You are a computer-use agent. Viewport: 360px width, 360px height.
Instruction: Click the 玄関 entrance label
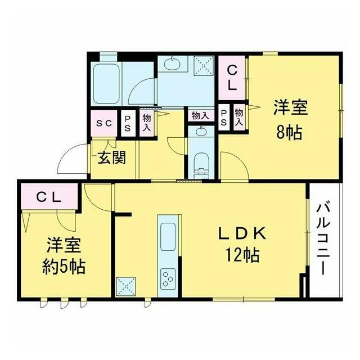(x=111, y=157)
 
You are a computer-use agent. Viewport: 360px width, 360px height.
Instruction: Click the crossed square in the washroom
(x=203, y=66)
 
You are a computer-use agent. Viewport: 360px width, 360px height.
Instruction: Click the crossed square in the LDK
(x=125, y=286)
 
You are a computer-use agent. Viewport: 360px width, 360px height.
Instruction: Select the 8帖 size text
(x=288, y=133)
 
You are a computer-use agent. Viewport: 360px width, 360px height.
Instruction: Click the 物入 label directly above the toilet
(x=200, y=115)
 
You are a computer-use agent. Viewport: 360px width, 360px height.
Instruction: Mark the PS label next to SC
(x=128, y=123)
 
